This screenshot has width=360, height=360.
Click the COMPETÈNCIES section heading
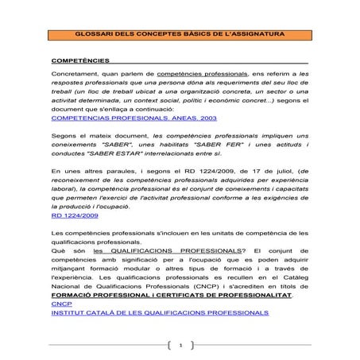[79, 60]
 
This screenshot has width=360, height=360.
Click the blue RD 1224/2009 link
[75, 215]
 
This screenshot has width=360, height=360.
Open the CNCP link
[60, 304]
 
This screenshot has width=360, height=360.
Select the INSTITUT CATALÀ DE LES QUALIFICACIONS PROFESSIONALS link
[159, 312]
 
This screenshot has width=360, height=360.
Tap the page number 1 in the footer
[181, 346]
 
